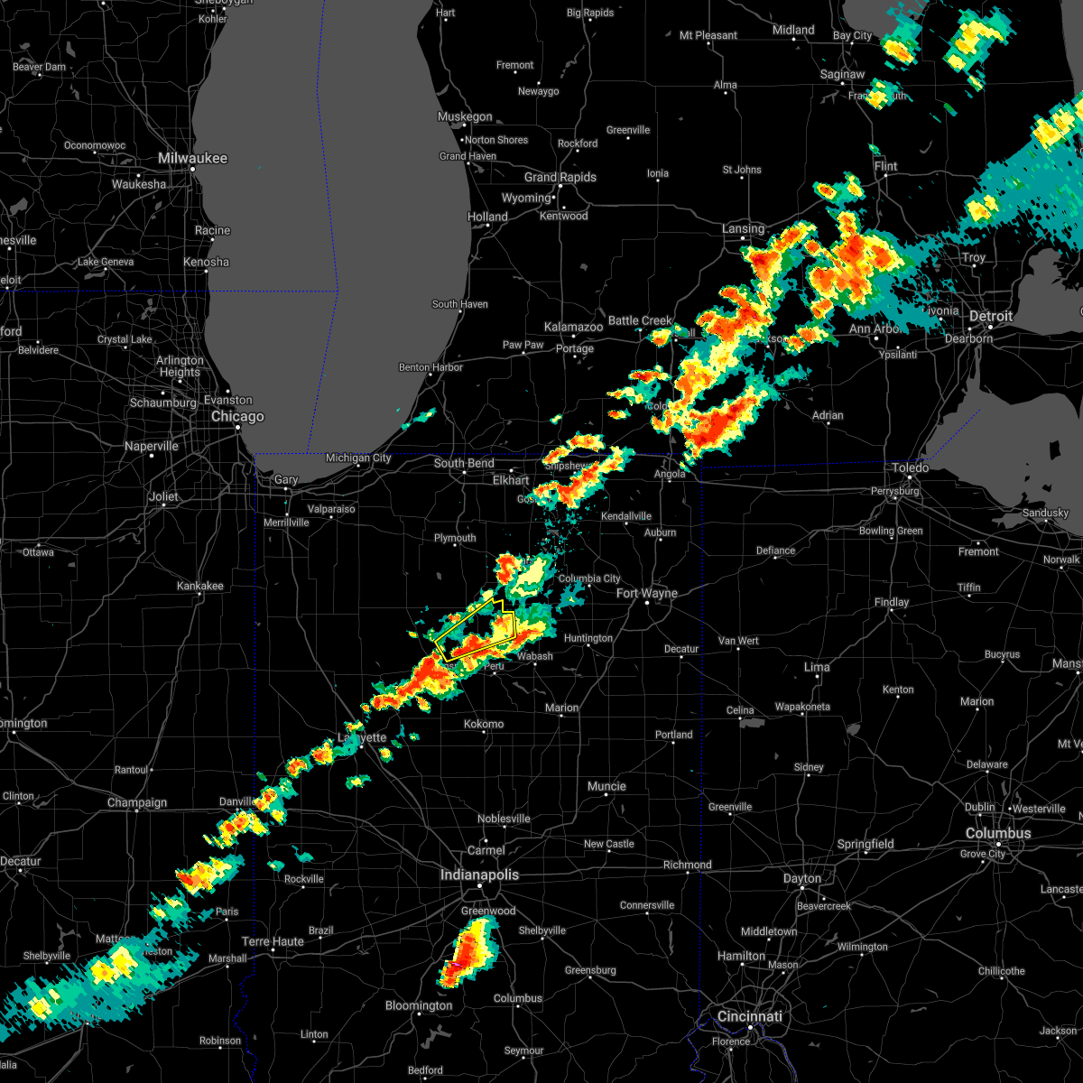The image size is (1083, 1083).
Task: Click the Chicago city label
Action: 237,417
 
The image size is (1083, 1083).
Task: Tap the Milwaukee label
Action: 192,158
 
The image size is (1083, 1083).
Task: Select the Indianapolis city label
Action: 479,875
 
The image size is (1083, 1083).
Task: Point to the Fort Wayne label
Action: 646,593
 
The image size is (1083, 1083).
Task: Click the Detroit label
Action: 991,317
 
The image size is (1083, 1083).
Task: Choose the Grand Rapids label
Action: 560,177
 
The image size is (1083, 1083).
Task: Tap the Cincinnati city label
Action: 750,1016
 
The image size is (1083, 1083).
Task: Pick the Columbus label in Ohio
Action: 997,833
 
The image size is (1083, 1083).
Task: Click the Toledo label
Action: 911,467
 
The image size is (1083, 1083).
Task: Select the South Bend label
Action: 464,463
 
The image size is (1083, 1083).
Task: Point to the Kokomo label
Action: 484,724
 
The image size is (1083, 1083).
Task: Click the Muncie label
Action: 606,786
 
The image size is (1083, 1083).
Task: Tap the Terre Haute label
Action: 273,941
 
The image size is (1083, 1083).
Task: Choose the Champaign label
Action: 137,802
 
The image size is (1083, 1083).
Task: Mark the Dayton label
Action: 802,878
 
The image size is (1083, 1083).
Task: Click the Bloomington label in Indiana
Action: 419,1005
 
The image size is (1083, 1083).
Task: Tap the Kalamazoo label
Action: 573,327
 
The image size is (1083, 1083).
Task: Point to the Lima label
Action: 817,667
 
